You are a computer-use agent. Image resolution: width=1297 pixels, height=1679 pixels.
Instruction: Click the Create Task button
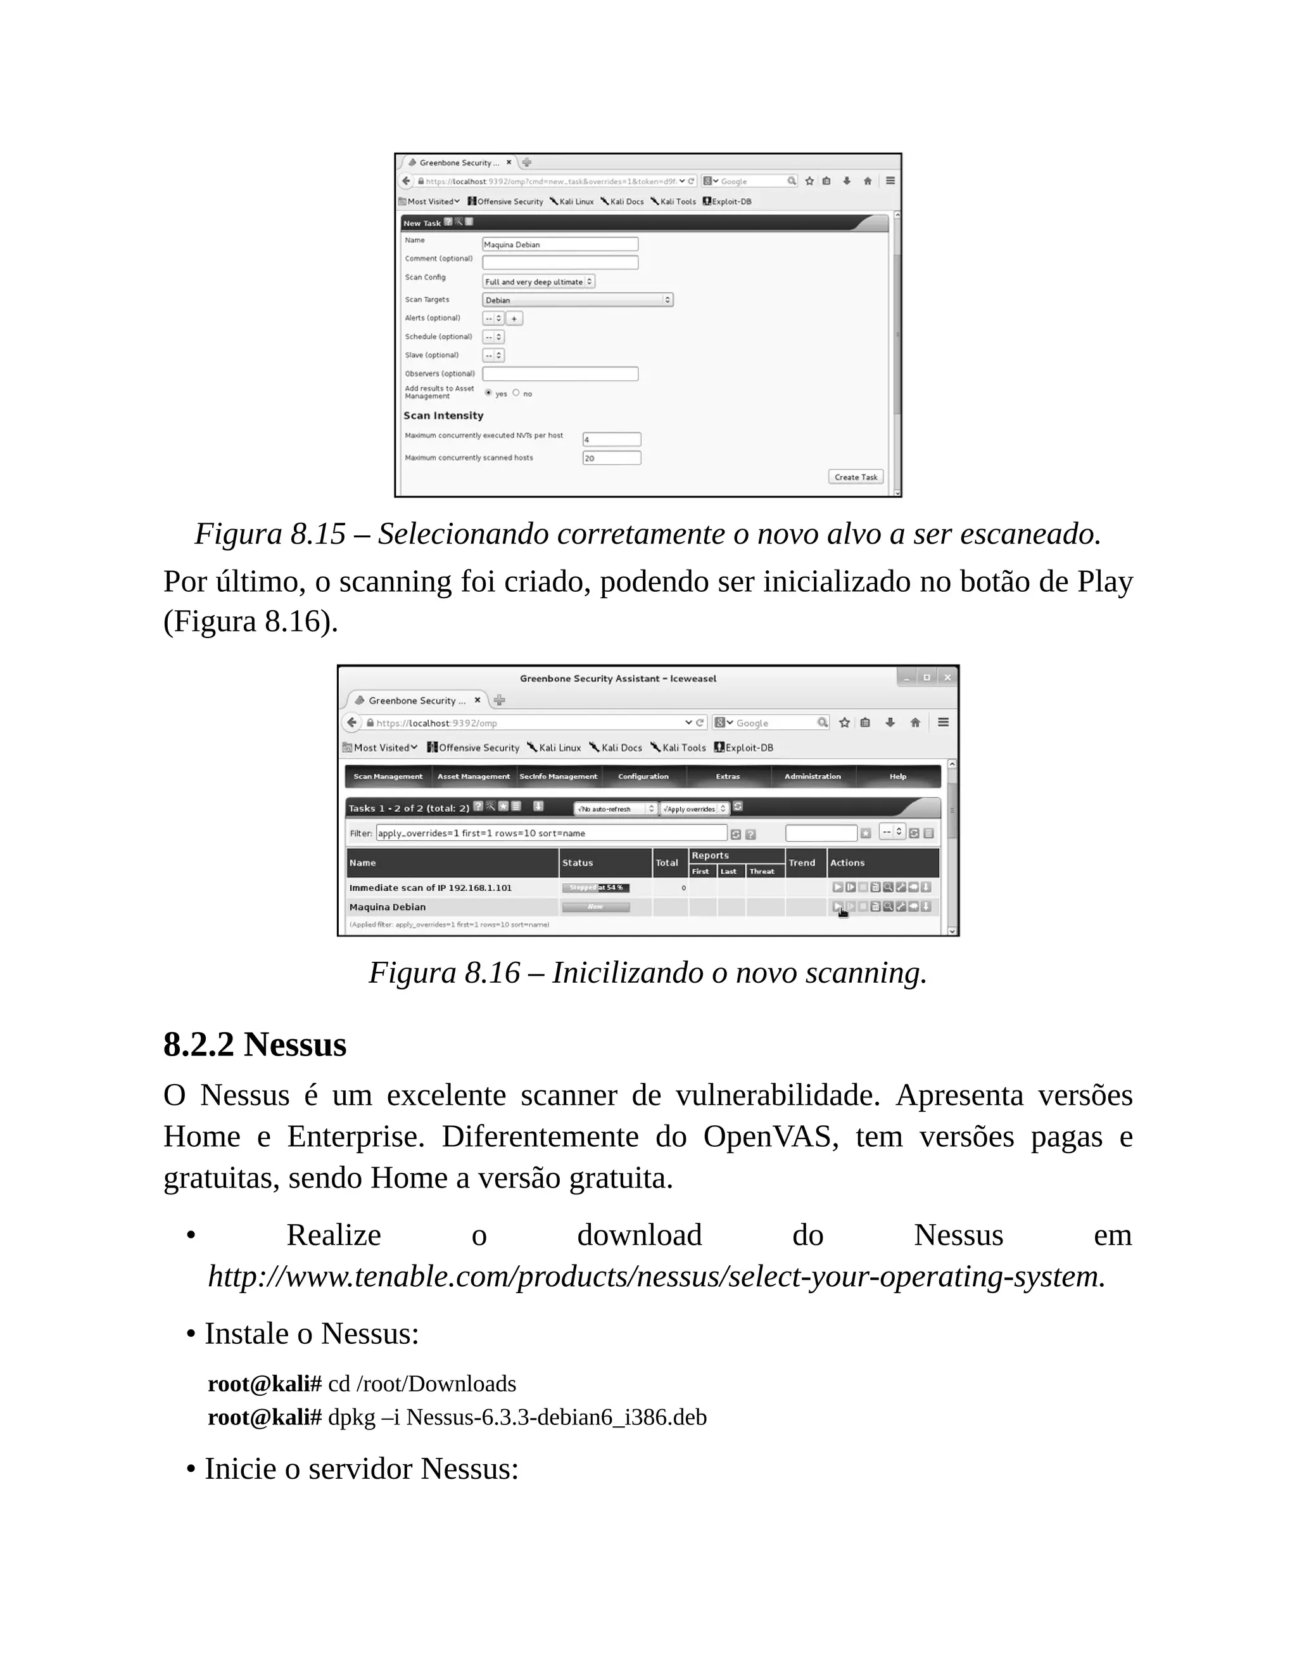pyautogui.click(x=855, y=476)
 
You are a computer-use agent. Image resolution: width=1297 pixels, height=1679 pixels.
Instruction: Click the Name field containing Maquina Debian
pyautogui.click(x=559, y=245)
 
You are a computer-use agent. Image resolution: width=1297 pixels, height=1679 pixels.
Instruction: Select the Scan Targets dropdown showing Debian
pyautogui.click(x=577, y=300)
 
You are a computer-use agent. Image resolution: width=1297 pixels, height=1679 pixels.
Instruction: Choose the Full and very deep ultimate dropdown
pyautogui.click(x=538, y=281)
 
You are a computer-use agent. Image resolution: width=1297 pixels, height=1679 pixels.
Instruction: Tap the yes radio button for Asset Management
pyautogui.click(x=489, y=393)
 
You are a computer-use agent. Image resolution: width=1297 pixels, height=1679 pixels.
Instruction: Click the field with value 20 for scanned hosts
pyautogui.click(x=611, y=458)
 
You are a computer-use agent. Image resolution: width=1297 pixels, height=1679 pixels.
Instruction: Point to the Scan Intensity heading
pyautogui.click(x=443, y=415)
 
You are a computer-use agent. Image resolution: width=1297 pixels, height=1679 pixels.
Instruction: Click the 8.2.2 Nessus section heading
pyautogui.click(x=255, y=1045)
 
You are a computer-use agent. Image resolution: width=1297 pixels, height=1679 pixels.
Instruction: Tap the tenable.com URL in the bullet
pyautogui.click(x=656, y=1277)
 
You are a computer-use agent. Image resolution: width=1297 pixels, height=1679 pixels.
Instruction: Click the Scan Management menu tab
pyautogui.click(x=388, y=777)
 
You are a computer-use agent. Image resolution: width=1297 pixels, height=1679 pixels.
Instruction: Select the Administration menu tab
pyautogui.click(x=812, y=777)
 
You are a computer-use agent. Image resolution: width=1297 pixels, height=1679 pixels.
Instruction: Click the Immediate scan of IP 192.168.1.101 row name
pyautogui.click(x=430, y=888)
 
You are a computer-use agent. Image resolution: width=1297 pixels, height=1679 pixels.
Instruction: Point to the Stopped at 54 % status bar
pyautogui.click(x=595, y=888)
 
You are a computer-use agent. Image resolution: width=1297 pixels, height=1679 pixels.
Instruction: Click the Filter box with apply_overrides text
pyautogui.click(x=550, y=833)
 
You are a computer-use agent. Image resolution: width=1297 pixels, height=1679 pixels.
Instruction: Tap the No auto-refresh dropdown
pyautogui.click(x=616, y=808)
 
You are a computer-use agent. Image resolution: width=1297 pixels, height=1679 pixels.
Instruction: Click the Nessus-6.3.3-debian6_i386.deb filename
pyautogui.click(x=555, y=1417)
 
